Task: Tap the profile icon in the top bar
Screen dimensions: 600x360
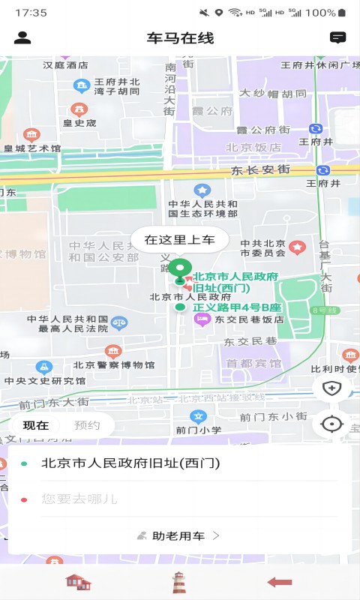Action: coord(22,37)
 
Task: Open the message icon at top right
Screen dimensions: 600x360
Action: coord(337,37)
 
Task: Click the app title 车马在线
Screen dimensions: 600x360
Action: coord(180,38)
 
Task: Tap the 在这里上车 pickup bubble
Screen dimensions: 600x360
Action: coord(179,240)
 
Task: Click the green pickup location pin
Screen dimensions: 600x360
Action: coord(179,268)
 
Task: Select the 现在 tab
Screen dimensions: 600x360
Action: coord(36,425)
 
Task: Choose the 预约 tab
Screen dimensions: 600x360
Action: coord(87,425)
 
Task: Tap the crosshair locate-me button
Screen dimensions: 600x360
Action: coord(331,424)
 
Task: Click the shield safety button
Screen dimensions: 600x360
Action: coord(331,388)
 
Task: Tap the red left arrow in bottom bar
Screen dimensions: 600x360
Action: coord(279,582)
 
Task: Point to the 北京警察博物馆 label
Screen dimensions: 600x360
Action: coord(114,365)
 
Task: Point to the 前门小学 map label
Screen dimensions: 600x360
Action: coord(199,430)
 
